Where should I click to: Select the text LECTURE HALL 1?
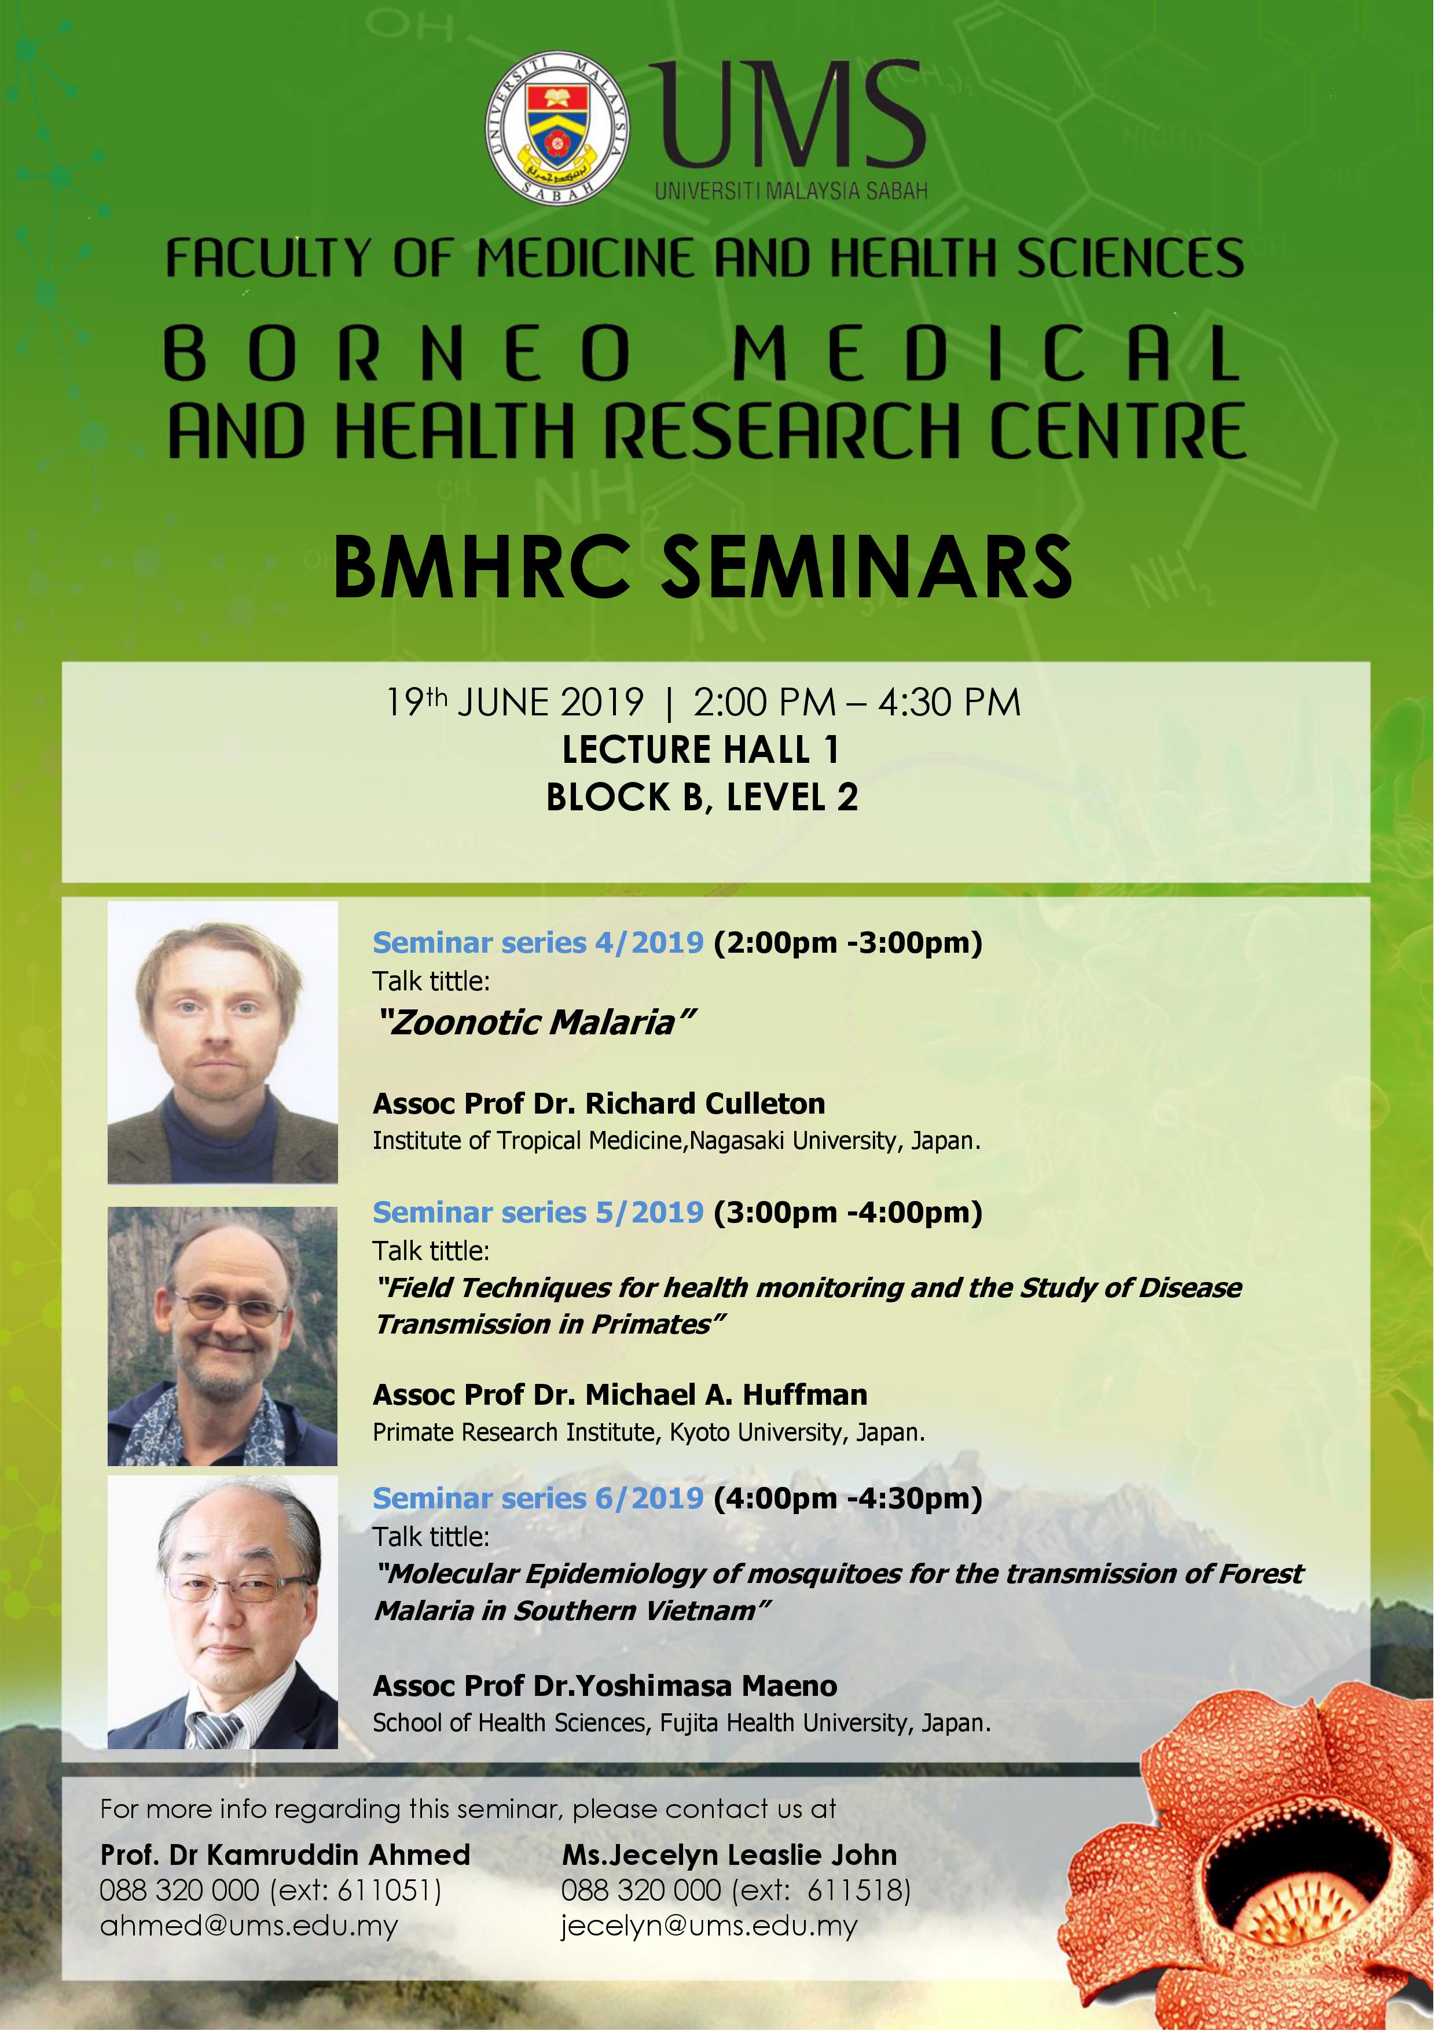700,750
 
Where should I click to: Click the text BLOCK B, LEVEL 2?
702,798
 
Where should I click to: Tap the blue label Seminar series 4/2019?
538,943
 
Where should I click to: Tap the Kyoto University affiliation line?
648,1433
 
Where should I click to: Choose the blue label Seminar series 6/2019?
538,1499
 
